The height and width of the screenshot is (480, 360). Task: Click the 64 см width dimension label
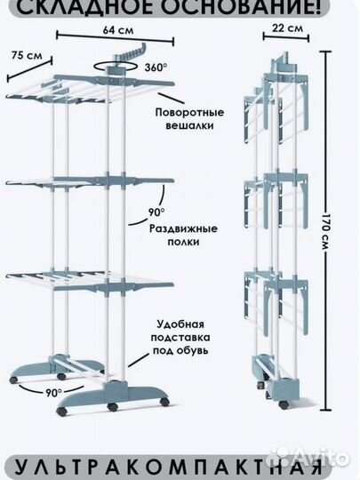(x=118, y=30)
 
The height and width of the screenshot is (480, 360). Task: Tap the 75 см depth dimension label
(x=27, y=55)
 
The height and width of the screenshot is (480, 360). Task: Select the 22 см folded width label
(x=287, y=28)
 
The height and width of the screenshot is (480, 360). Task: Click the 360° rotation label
(x=156, y=67)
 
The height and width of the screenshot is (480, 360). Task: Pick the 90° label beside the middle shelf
(x=156, y=212)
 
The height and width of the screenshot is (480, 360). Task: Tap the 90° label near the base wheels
(x=53, y=392)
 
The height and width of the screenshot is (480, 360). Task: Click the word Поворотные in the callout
(x=189, y=112)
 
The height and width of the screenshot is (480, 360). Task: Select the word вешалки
(x=189, y=125)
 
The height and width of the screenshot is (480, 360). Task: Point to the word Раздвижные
(x=183, y=228)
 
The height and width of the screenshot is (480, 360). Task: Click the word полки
(x=183, y=242)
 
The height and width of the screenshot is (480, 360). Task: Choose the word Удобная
(x=180, y=324)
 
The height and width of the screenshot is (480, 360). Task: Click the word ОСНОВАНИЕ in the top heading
(x=241, y=7)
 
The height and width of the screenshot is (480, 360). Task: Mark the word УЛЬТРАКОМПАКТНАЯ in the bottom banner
(x=169, y=468)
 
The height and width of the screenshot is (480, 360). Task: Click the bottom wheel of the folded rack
(x=283, y=404)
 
